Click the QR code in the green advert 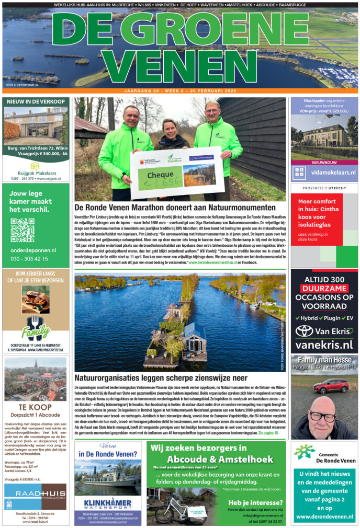tap(22, 230)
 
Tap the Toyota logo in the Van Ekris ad tap(304, 331)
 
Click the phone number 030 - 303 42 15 tap(29, 259)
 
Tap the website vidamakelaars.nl tap(331, 172)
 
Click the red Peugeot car tap(331, 386)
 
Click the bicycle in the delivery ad tap(171, 507)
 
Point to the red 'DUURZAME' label tap(324, 288)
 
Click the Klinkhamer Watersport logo tap(107, 502)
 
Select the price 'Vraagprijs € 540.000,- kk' tap(36, 154)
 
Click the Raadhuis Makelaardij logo tap(35, 496)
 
